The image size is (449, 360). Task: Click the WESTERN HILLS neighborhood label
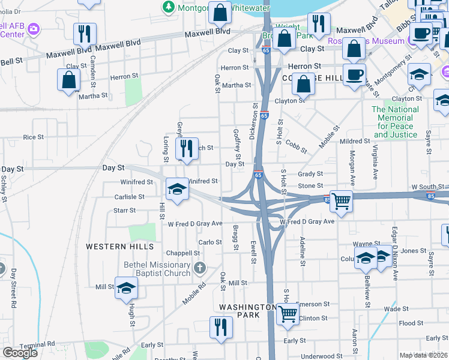click(119, 247)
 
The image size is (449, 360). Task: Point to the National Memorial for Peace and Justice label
click(394, 122)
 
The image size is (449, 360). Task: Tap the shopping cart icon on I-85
click(340, 201)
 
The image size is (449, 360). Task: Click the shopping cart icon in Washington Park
click(288, 313)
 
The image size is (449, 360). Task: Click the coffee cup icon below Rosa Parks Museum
click(354, 75)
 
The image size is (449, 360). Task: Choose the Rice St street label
click(34, 137)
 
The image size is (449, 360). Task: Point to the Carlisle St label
click(130, 197)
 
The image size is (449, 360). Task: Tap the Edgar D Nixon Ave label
click(395, 256)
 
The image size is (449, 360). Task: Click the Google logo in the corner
click(20, 353)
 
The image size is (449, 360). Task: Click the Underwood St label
click(321, 356)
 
